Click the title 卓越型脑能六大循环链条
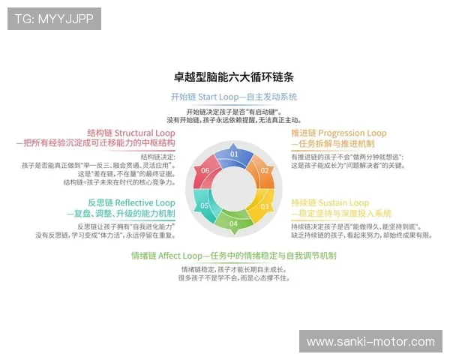click(x=234, y=77)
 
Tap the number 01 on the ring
click(x=234, y=154)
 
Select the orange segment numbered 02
click(x=265, y=170)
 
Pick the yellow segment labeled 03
click(x=265, y=205)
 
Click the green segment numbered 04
click(x=234, y=223)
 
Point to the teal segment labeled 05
click(x=204, y=205)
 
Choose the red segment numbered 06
click(x=204, y=170)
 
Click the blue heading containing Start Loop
click(x=234, y=97)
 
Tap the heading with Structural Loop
click(x=131, y=133)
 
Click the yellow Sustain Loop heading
click(x=330, y=202)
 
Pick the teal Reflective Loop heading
click(x=131, y=202)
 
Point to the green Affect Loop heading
click(x=234, y=255)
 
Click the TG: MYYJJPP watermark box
click(x=54, y=19)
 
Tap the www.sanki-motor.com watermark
click(x=370, y=342)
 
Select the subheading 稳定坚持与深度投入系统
click(x=340, y=213)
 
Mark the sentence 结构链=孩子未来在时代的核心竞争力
click(x=120, y=182)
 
